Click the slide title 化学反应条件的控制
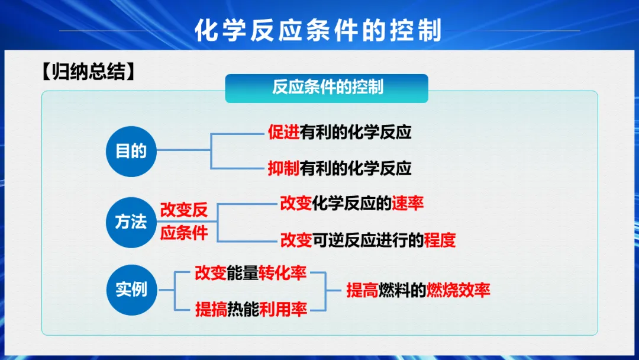pyautogui.click(x=318, y=30)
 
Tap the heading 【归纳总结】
pyautogui.click(x=88, y=71)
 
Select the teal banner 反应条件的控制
pyautogui.click(x=327, y=88)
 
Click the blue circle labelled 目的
pyautogui.click(x=131, y=151)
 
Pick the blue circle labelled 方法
pyautogui.click(x=131, y=222)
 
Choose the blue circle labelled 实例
pyautogui.click(x=131, y=290)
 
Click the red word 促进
pyautogui.click(x=283, y=132)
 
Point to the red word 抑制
pyautogui.click(x=283, y=168)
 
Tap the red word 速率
pyautogui.click(x=408, y=203)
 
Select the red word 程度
pyautogui.click(x=440, y=240)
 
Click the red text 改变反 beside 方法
pyautogui.click(x=184, y=210)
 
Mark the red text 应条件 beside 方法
pyautogui.click(x=184, y=233)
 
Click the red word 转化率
pyautogui.click(x=282, y=273)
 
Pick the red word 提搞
pyautogui.click(x=211, y=310)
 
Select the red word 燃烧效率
pyautogui.click(x=458, y=290)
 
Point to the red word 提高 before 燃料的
pyautogui.click(x=362, y=290)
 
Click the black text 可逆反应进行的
pyautogui.click(x=368, y=240)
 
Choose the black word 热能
pyautogui.click(x=243, y=310)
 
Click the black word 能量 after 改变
pyautogui.click(x=243, y=273)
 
